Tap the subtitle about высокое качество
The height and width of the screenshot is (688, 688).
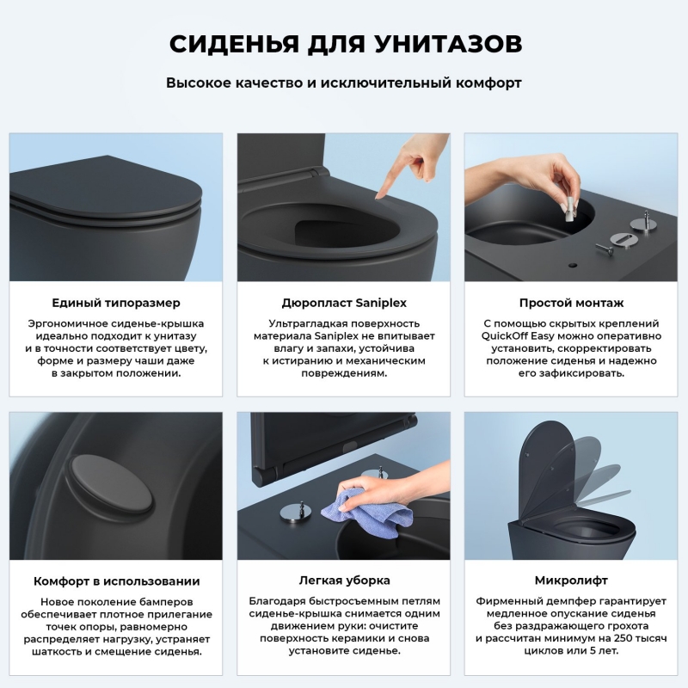point(344,83)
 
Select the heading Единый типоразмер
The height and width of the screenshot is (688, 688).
point(116,303)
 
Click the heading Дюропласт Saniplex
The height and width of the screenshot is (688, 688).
point(344,303)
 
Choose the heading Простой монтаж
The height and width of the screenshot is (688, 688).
point(572,303)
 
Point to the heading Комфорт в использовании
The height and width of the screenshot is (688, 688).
point(116,580)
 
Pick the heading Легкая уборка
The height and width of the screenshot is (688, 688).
point(344,580)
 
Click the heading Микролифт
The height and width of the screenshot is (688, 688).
point(572,580)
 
